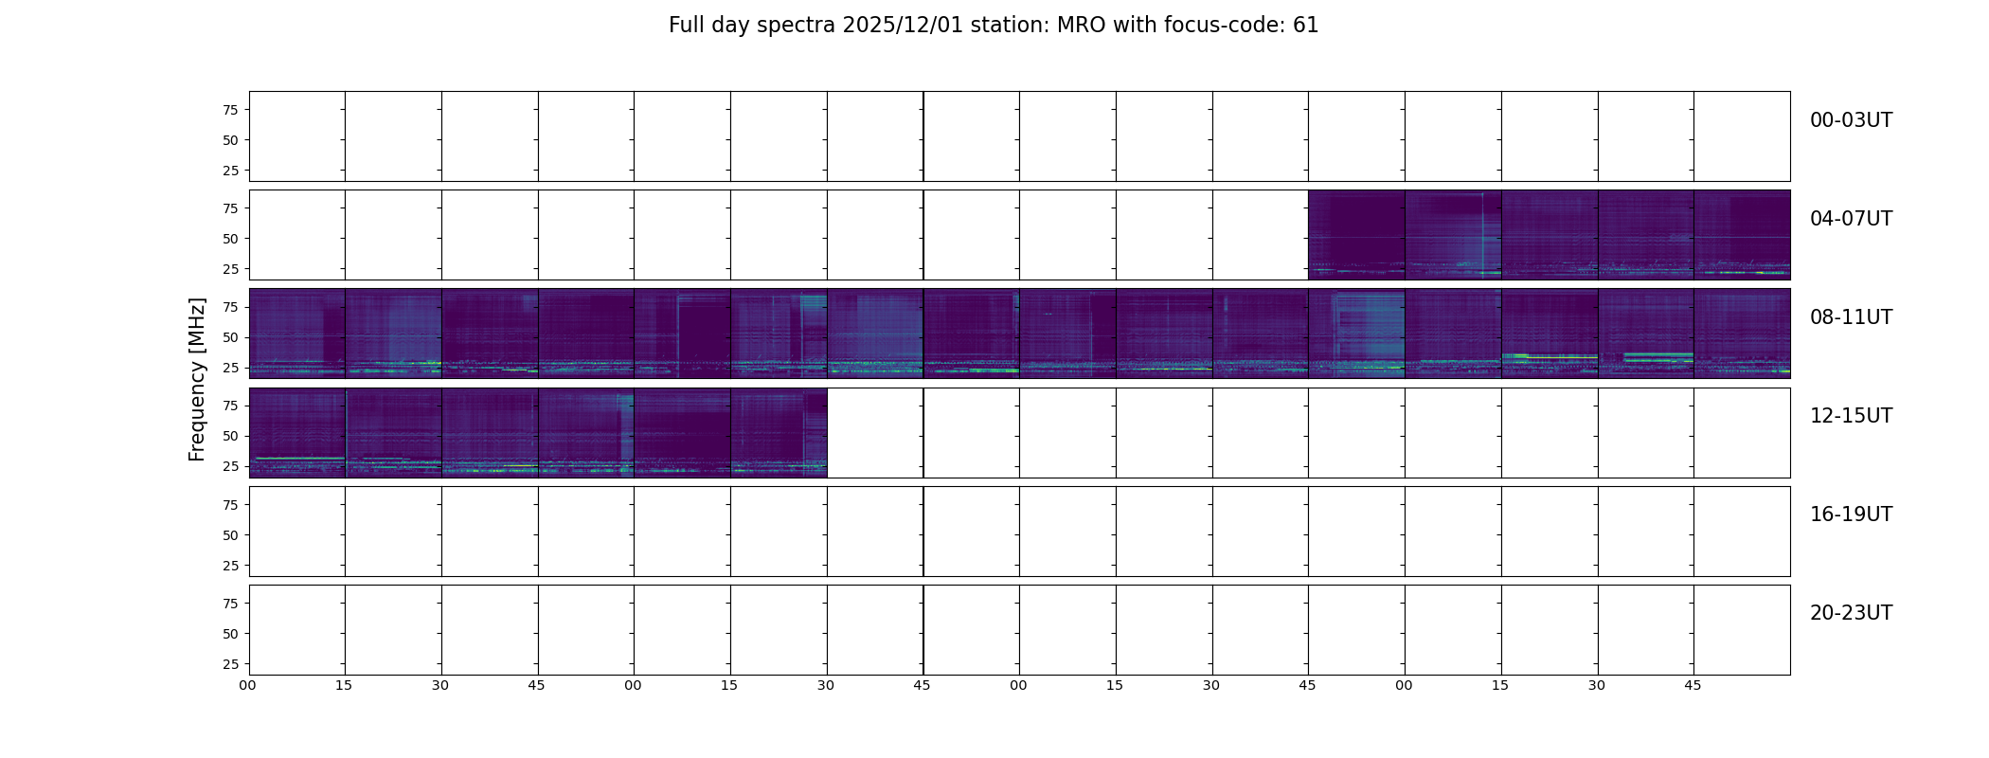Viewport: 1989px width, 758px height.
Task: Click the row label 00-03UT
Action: [1851, 120]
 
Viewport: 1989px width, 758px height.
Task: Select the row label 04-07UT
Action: [1851, 219]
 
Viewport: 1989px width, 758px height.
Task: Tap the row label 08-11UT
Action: [1851, 317]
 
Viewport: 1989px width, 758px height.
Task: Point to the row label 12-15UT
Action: [1851, 416]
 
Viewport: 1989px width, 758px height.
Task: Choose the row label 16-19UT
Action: [1851, 514]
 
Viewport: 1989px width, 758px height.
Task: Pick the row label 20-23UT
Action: [1851, 613]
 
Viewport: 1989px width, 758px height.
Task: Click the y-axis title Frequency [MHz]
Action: [197, 379]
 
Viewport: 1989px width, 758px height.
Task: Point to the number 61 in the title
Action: [1306, 26]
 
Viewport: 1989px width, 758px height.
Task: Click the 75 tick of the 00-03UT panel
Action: [230, 110]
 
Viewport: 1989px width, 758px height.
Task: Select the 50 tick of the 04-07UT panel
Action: [230, 239]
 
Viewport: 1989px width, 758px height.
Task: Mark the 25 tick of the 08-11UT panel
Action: [230, 368]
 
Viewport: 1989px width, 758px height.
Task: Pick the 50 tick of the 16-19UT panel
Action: [230, 535]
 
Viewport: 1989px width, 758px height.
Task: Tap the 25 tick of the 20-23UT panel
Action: [230, 664]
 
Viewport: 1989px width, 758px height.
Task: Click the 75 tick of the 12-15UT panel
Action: [230, 406]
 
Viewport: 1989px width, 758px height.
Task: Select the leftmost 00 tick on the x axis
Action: [248, 685]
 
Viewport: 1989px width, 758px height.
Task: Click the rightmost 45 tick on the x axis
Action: [1693, 685]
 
